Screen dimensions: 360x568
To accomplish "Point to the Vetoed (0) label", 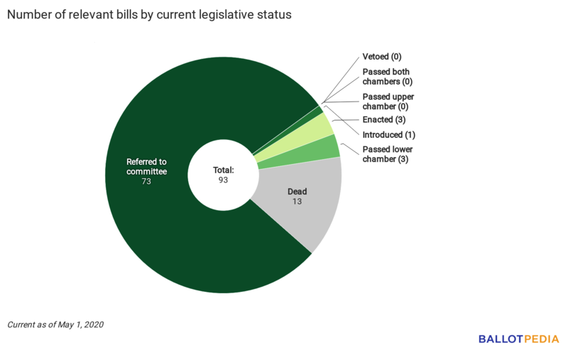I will pyautogui.click(x=382, y=56).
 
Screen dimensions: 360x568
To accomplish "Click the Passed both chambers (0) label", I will pyautogui.click(x=386, y=77).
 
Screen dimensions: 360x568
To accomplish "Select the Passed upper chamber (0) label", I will pyautogui.click(x=388, y=102).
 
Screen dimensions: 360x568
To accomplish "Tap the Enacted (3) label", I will pyautogui.click(x=384, y=120).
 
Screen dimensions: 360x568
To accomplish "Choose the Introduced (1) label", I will pyautogui.click(x=389, y=135).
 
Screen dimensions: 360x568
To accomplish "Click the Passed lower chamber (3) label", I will pyautogui.click(x=388, y=154).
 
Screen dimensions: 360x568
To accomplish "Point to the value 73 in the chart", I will pyautogui.click(x=146, y=181).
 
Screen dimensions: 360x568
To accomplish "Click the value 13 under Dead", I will pyautogui.click(x=297, y=202).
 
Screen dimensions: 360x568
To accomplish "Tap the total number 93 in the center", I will pyautogui.click(x=223, y=180).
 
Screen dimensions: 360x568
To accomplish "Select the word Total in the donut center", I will pyautogui.click(x=224, y=170).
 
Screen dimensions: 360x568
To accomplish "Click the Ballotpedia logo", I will pyautogui.click(x=518, y=339).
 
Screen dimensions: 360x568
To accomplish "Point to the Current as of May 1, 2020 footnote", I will pyautogui.click(x=55, y=324).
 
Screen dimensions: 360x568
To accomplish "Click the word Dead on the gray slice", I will pyautogui.click(x=297, y=192).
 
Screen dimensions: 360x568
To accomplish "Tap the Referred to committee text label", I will pyautogui.click(x=146, y=167).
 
